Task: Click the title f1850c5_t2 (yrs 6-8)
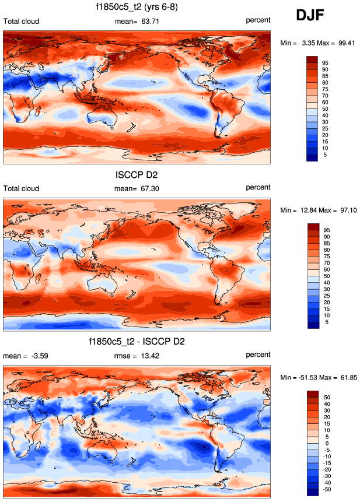click(x=137, y=8)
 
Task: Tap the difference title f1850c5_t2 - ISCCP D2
click(x=137, y=340)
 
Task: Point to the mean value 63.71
click(x=144, y=22)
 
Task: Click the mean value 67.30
click(x=144, y=188)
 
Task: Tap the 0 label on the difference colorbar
click(x=325, y=444)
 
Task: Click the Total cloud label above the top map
click(x=22, y=22)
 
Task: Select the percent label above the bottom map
click(x=258, y=354)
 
